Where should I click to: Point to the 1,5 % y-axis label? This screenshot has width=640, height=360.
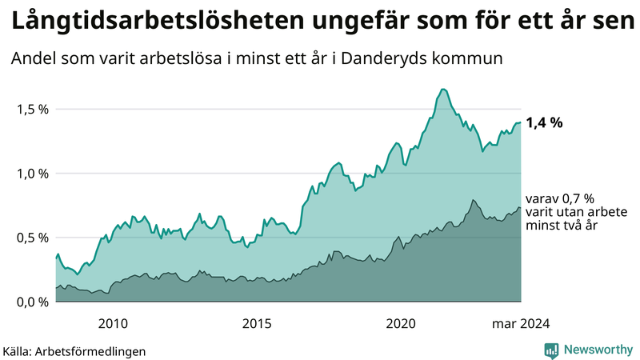pyautogui.click(x=33, y=109)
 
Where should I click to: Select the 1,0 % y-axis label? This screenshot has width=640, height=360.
pyautogui.click(x=33, y=173)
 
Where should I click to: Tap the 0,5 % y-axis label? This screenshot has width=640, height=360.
pyautogui.click(x=33, y=238)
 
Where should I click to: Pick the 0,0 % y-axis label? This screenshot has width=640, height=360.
pyautogui.click(x=33, y=302)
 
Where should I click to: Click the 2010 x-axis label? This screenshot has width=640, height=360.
pyautogui.click(x=113, y=323)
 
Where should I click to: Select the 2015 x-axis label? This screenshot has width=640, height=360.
pyautogui.click(x=257, y=323)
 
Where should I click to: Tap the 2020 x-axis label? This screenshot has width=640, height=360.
pyautogui.click(x=401, y=323)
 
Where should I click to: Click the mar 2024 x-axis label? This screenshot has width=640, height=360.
pyautogui.click(x=519, y=323)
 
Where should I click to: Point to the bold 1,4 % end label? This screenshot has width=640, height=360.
pyautogui.click(x=544, y=123)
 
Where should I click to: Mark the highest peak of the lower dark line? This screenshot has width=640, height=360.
pyautogui.click(x=474, y=200)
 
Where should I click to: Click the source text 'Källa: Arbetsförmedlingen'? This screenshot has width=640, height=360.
pyautogui.click(x=74, y=350)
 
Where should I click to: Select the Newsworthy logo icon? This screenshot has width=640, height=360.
pyautogui.click(x=551, y=350)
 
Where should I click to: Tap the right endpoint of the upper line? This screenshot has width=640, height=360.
pyautogui.click(x=521, y=122)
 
